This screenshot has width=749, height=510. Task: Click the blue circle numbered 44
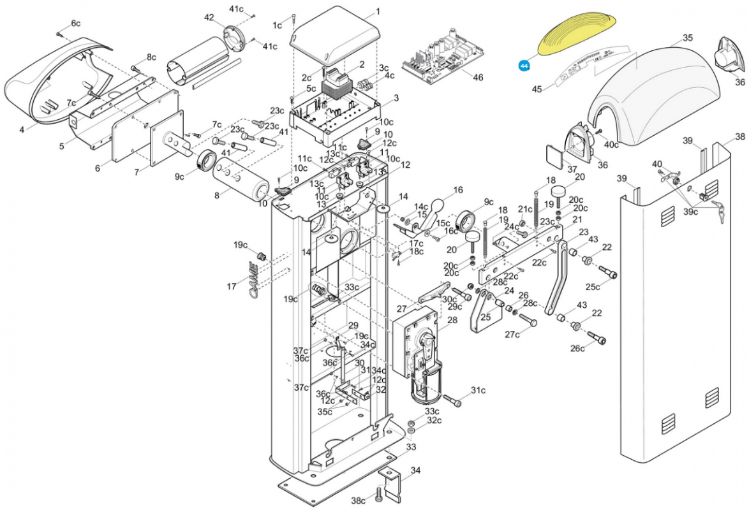click(x=524, y=66)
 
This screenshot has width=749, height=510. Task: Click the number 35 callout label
click(x=687, y=38)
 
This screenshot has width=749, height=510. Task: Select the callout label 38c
click(x=359, y=500)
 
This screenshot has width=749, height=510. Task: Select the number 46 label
click(x=478, y=77)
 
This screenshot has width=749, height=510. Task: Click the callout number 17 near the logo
click(x=232, y=287)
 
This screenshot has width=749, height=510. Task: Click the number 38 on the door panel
click(x=739, y=136)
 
